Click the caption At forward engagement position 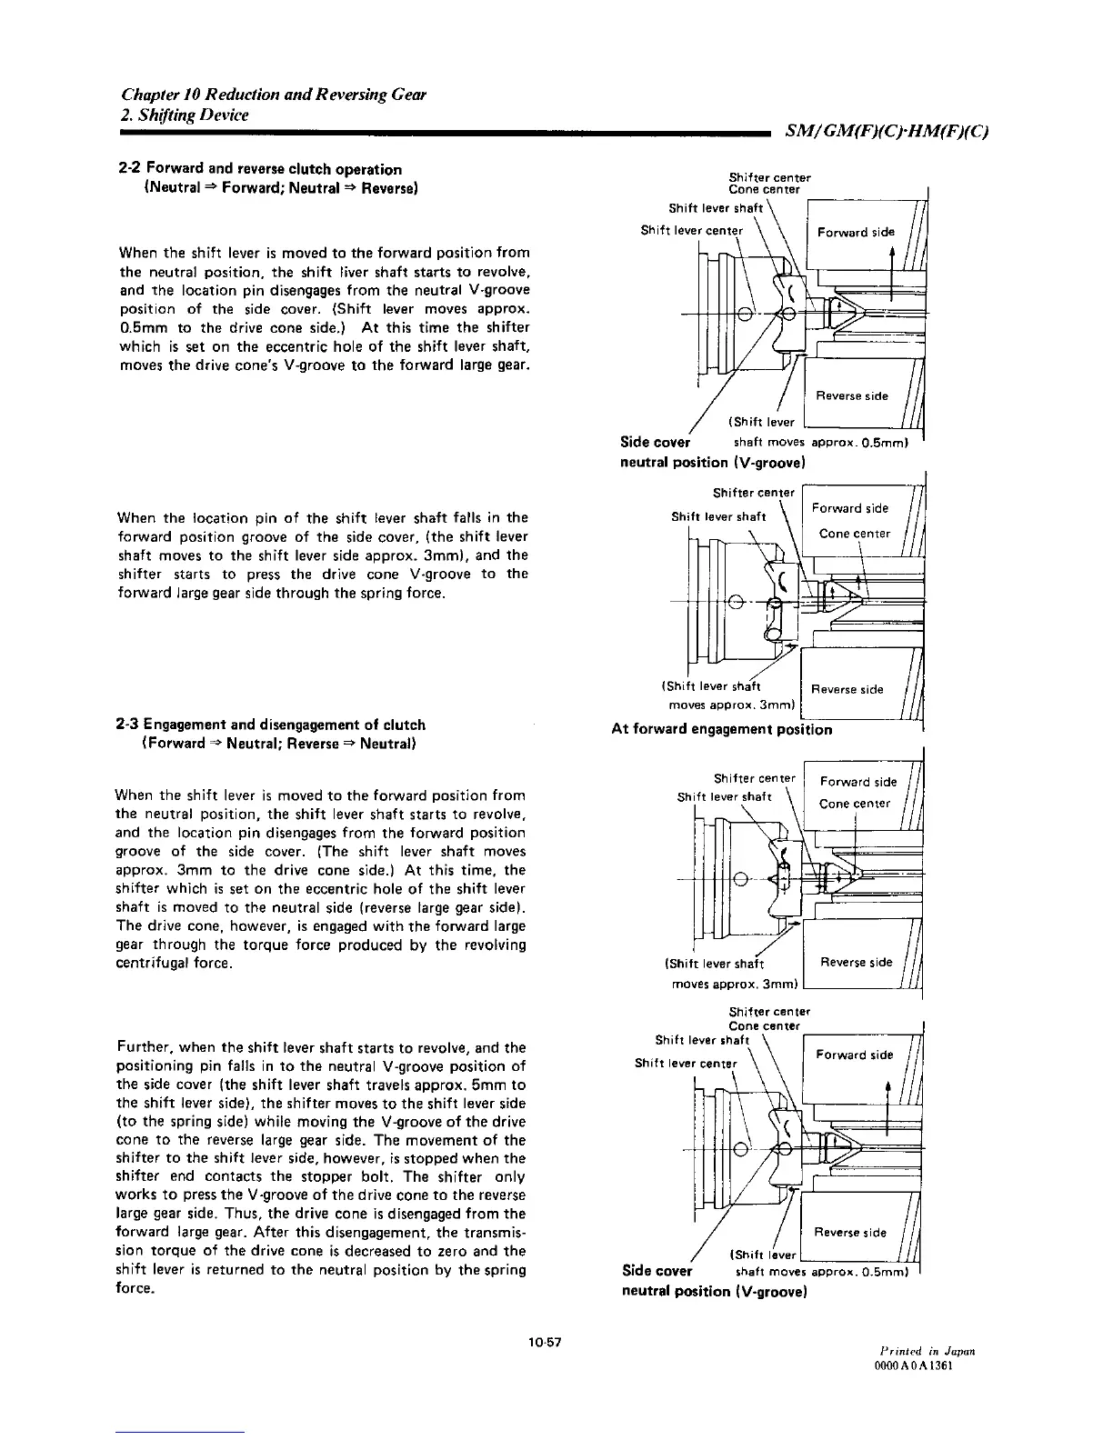click(x=722, y=729)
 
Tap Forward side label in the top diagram click(x=856, y=232)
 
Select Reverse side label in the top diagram click(x=851, y=395)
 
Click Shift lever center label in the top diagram click(x=691, y=230)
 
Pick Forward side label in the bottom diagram click(x=853, y=1055)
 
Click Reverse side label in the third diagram click(x=856, y=962)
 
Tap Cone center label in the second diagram click(x=855, y=534)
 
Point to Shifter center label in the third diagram click(x=754, y=778)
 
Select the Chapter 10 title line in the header click(x=274, y=95)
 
